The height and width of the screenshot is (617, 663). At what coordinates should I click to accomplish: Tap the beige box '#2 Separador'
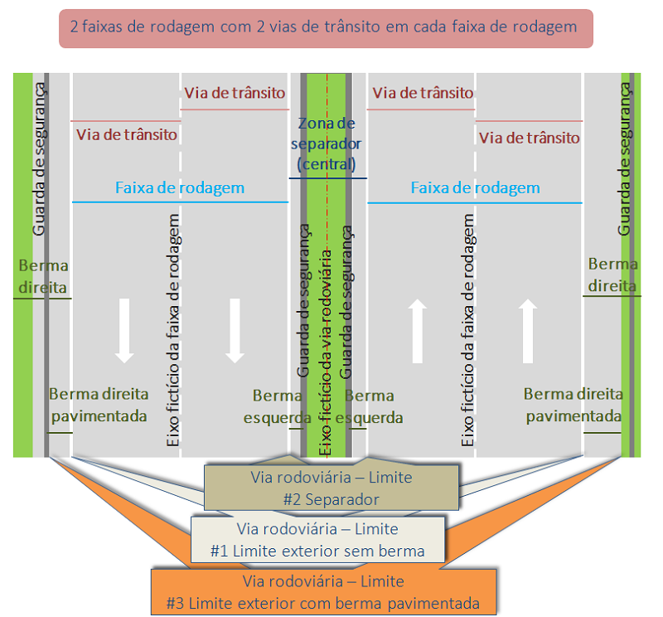[x=331, y=488]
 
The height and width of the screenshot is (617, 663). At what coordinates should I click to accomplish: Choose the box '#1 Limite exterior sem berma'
[x=317, y=539]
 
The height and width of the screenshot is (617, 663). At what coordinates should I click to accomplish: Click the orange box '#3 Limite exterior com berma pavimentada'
[x=323, y=592]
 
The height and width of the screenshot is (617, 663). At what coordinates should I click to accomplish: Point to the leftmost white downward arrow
[x=125, y=329]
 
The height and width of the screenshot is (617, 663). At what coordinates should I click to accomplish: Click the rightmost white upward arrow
[x=526, y=331]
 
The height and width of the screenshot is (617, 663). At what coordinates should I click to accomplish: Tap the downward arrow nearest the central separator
[x=235, y=329]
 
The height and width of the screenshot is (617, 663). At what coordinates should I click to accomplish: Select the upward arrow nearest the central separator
[x=418, y=331]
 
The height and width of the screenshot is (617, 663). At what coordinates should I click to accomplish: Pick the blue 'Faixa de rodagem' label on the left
[x=180, y=188]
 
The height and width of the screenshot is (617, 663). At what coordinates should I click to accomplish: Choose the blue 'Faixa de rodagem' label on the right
[x=475, y=188]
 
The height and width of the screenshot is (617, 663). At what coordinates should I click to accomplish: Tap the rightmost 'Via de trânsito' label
[x=530, y=138]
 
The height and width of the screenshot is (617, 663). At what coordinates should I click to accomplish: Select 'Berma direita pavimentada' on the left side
[x=98, y=405]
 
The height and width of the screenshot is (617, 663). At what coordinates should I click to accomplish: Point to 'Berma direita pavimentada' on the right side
[x=573, y=405]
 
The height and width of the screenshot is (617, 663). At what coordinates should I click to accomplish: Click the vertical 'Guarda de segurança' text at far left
[x=39, y=158]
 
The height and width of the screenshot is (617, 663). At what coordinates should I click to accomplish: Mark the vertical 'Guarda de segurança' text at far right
[x=626, y=158]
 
